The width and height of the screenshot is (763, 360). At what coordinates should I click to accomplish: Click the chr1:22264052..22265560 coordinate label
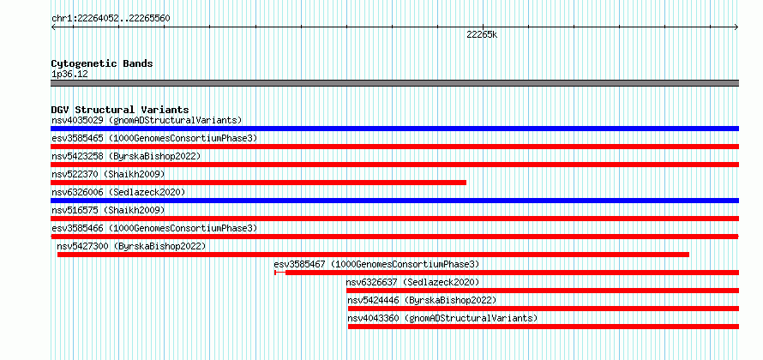(x=111, y=19)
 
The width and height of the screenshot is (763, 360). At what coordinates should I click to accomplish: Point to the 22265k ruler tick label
(x=482, y=34)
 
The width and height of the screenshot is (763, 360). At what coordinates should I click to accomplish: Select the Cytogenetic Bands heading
(x=102, y=63)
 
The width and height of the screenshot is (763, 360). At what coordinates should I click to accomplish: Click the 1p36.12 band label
(x=69, y=75)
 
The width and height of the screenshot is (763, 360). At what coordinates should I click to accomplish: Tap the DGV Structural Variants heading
(x=120, y=110)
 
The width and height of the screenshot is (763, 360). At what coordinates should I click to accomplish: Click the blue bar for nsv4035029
(x=394, y=129)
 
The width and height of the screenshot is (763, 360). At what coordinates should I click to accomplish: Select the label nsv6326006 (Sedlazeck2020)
(x=118, y=193)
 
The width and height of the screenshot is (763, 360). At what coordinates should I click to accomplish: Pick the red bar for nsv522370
(x=258, y=183)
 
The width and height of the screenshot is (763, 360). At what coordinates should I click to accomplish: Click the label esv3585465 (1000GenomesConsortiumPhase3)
(x=154, y=139)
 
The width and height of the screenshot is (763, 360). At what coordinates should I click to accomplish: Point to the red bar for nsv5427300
(x=373, y=255)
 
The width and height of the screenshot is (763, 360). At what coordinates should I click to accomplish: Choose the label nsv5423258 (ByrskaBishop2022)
(x=126, y=157)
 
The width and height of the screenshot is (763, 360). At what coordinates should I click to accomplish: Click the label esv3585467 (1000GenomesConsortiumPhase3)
(x=376, y=265)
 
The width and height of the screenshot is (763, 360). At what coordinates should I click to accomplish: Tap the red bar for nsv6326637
(x=543, y=291)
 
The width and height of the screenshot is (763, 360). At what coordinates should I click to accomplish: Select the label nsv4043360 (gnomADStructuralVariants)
(x=442, y=319)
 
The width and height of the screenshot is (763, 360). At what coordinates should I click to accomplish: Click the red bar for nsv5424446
(x=544, y=309)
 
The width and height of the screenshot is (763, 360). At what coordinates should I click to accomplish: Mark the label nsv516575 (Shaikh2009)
(x=108, y=211)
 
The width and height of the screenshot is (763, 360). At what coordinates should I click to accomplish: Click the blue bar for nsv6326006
(x=394, y=201)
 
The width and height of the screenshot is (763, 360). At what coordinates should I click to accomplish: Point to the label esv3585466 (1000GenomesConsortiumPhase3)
(x=154, y=229)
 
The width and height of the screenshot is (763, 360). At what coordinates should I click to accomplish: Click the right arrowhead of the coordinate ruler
(x=737, y=27)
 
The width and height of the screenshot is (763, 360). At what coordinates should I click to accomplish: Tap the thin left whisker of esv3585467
(x=279, y=273)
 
